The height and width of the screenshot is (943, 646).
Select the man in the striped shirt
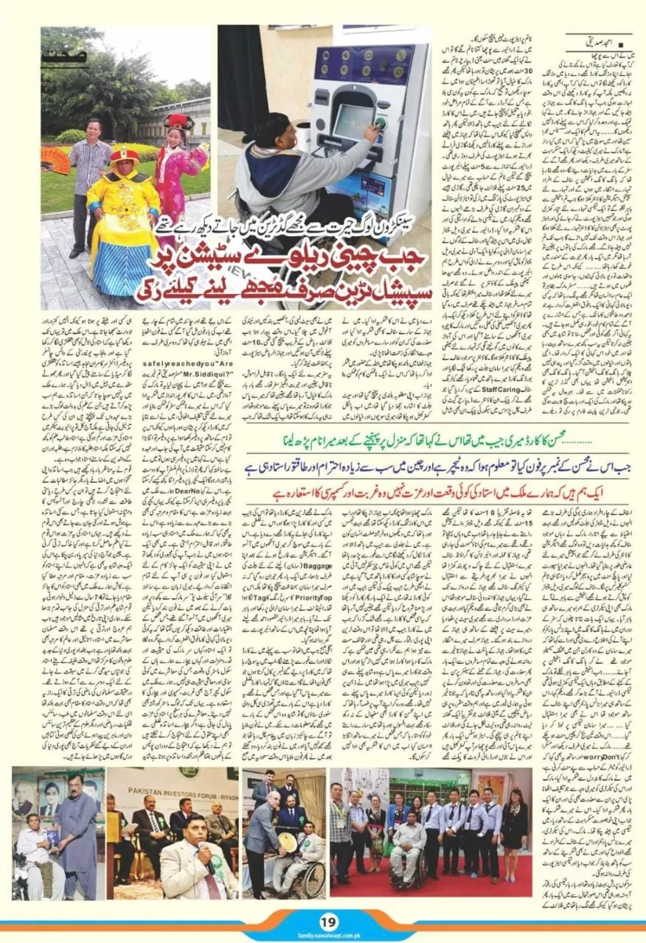(90, 177)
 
